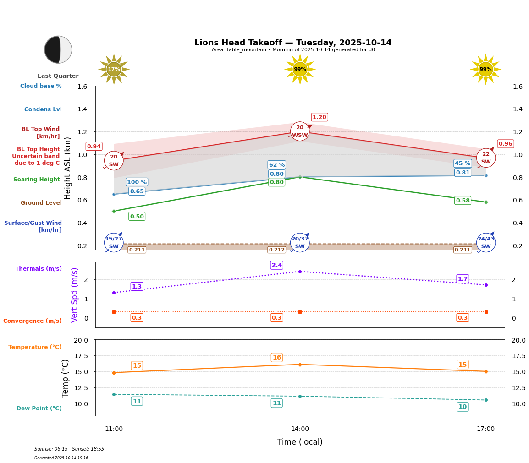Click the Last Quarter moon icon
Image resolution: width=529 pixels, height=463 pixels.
[58, 49]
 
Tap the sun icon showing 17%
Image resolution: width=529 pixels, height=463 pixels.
[114, 69]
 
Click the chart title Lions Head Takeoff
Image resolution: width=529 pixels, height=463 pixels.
[293, 43]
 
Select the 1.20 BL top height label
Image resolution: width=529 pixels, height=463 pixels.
[320, 117]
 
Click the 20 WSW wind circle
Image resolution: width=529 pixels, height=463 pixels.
[300, 131]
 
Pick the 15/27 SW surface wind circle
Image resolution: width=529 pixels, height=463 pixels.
[114, 242]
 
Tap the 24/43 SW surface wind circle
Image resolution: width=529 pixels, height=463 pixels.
[486, 242]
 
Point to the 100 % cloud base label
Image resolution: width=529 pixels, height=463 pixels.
[137, 182]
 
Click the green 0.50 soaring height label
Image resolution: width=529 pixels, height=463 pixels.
[137, 217]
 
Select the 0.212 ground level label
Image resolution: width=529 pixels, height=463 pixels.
[277, 250]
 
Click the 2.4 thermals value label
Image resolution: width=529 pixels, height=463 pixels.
[277, 265]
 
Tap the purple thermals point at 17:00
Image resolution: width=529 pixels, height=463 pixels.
[486, 285]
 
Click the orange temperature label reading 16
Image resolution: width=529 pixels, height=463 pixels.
[277, 358]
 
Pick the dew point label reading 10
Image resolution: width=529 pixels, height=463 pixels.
[463, 407]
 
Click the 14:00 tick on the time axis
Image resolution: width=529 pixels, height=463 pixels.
[300, 429]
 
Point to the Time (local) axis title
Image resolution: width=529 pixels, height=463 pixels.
[300, 442]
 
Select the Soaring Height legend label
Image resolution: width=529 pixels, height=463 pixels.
[37, 180]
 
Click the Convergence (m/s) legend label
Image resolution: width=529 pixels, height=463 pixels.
[33, 321]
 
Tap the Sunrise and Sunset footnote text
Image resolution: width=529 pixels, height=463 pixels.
[69, 449]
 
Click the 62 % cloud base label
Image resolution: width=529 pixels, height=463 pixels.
[277, 165]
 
